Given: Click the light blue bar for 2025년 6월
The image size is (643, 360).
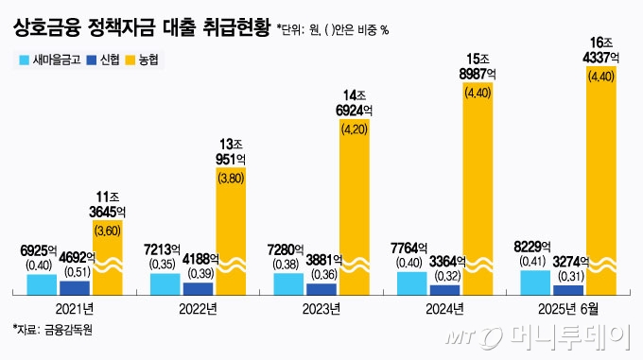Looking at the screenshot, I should (535, 283).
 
